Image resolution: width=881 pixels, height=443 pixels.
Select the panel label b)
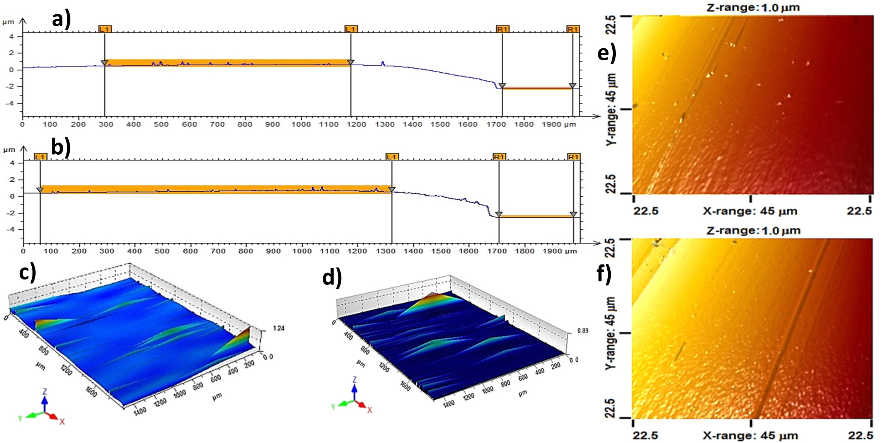click(x=61, y=147)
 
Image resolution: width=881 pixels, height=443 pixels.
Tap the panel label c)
click(x=28, y=272)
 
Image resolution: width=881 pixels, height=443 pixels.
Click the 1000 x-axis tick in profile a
click(x=301, y=124)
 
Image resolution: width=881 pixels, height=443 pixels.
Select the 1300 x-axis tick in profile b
click(x=385, y=251)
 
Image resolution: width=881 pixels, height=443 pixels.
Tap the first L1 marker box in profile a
click(x=105, y=29)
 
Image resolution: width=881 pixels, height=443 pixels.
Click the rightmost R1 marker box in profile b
click(x=573, y=157)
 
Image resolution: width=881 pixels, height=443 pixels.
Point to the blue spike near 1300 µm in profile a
click(x=383, y=63)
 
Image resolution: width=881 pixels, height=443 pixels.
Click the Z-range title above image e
click(x=753, y=7)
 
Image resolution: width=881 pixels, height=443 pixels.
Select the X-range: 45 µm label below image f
click(x=750, y=436)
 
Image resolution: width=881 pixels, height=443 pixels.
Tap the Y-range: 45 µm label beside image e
click(x=611, y=109)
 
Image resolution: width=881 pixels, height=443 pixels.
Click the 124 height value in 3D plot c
click(x=278, y=328)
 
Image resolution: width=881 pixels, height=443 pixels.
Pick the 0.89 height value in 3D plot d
click(x=583, y=331)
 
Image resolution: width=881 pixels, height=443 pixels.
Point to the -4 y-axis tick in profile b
click(x=12, y=229)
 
